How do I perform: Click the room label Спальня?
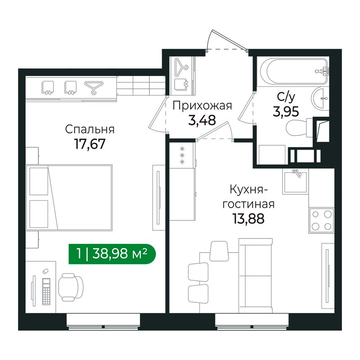click(x=90, y=130)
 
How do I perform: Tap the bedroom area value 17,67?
click(x=90, y=144)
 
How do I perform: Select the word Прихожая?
click(x=202, y=106)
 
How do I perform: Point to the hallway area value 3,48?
click(x=202, y=120)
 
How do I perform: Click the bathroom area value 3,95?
click(x=286, y=112)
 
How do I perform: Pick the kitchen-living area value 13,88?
click(x=248, y=218)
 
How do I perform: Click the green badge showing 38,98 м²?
click(x=112, y=254)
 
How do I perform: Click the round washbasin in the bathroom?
click(x=320, y=98)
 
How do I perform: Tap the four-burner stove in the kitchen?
click(x=321, y=220)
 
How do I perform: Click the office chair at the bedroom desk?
click(x=71, y=287)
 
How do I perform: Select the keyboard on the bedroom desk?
click(x=46, y=292)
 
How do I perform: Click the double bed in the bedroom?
click(x=69, y=197)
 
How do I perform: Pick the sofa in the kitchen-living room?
click(x=256, y=275)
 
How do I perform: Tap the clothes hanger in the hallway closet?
click(x=182, y=67)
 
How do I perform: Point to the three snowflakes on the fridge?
click(x=182, y=155)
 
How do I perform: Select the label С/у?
click(x=286, y=98)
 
